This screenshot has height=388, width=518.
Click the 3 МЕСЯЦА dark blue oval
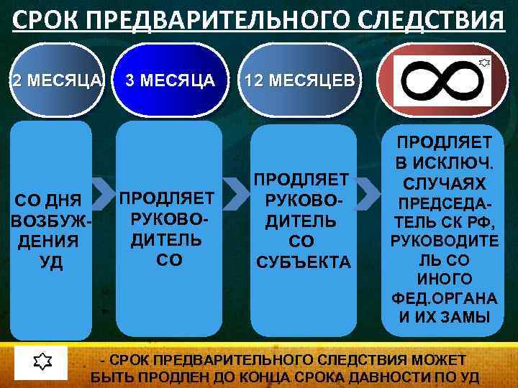(x=170, y=80)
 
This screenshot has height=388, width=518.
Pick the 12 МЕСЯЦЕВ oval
(x=298, y=80)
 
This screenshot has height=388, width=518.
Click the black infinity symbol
(x=441, y=80)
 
